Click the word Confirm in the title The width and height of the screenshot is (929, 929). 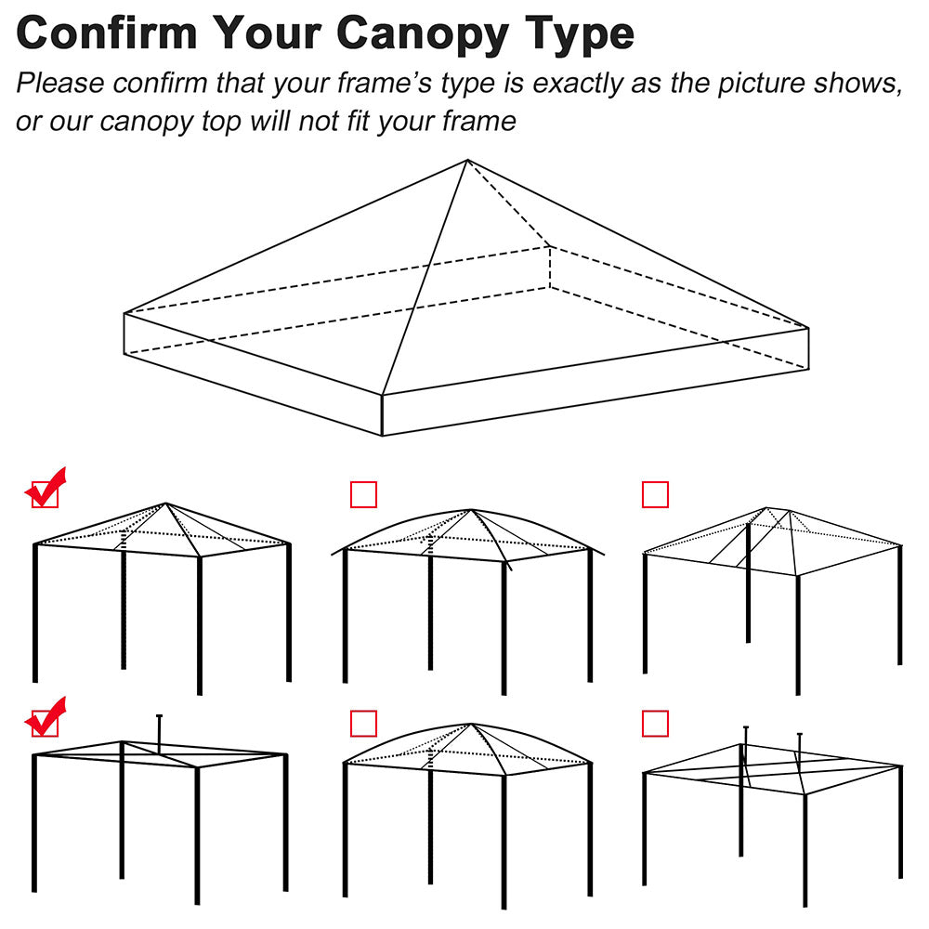(x=107, y=33)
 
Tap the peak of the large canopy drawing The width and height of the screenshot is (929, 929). (x=466, y=161)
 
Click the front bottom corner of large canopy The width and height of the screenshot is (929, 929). (x=383, y=434)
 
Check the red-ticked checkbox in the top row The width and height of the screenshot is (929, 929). (x=45, y=494)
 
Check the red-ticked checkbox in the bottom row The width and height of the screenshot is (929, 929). (x=45, y=723)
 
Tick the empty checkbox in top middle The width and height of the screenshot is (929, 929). (x=363, y=494)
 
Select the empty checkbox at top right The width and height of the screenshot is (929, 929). (x=655, y=494)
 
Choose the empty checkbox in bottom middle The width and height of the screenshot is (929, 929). (x=363, y=723)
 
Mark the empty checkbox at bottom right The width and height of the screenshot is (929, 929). (x=655, y=723)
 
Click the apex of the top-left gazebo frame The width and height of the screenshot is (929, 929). (x=166, y=504)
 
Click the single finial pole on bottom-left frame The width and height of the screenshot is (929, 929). (x=160, y=730)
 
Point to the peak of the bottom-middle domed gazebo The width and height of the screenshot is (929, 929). (x=472, y=725)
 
